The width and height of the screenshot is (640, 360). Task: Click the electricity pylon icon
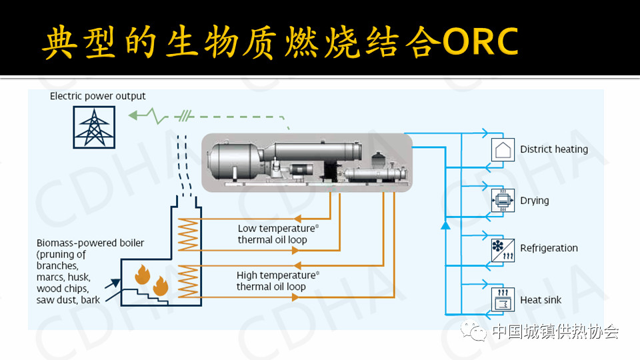(x=94, y=127)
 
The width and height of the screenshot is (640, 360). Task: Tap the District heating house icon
(x=503, y=150)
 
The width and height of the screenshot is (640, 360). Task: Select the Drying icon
(x=503, y=201)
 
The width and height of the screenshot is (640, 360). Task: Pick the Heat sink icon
(x=503, y=299)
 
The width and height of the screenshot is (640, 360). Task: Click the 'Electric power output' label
(x=97, y=96)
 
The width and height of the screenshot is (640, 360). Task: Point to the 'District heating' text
(x=554, y=149)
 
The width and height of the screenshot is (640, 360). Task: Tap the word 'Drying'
(x=534, y=201)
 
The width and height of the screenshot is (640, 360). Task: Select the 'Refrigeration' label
(x=549, y=248)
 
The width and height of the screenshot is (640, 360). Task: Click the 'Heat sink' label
(x=541, y=300)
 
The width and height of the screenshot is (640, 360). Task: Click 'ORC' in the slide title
(x=480, y=41)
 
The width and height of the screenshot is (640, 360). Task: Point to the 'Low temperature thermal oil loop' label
(x=278, y=234)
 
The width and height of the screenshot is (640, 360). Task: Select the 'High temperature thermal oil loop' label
(x=277, y=281)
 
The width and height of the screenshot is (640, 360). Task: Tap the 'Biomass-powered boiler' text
(x=90, y=243)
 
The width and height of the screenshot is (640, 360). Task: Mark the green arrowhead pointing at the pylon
(x=133, y=115)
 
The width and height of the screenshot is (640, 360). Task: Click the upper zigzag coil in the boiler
(x=188, y=234)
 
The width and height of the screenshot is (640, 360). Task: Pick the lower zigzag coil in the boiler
(x=188, y=281)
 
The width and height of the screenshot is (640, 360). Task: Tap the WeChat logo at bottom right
(x=473, y=331)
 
